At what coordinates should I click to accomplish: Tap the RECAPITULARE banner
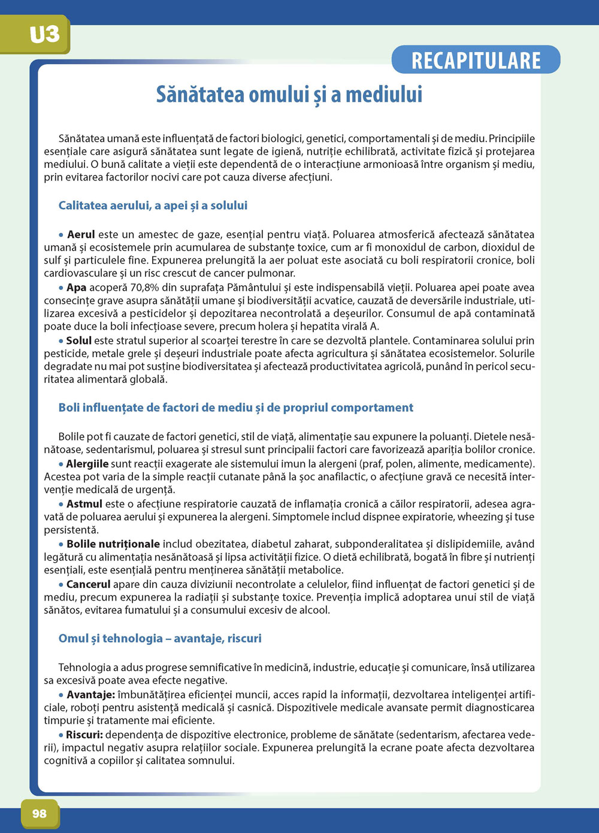(476, 60)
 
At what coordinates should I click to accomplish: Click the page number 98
(40, 813)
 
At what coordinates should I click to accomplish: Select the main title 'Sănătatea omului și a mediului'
(289, 95)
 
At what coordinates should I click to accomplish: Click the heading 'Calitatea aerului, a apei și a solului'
(153, 206)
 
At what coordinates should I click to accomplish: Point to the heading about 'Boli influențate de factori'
(235, 408)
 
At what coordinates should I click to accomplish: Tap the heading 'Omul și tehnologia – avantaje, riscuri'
(160, 638)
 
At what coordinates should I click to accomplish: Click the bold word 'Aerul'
(81, 234)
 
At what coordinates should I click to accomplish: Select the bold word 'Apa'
(76, 288)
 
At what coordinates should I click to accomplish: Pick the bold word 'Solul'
(78, 340)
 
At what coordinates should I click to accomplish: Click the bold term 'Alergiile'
(87, 463)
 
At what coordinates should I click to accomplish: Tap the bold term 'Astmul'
(84, 504)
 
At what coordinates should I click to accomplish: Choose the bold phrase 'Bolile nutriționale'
(113, 544)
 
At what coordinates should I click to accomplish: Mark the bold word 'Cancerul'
(88, 584)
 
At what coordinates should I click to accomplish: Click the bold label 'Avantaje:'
(90, 695)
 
